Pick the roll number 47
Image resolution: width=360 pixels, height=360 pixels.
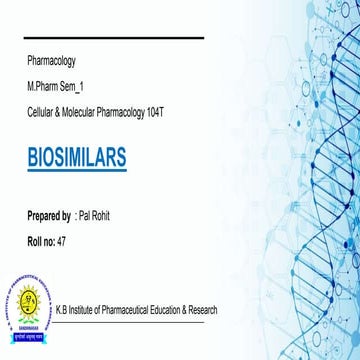64,241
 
